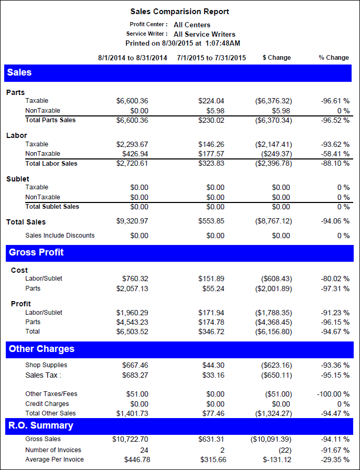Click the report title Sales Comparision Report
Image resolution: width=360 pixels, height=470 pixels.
[179, 12]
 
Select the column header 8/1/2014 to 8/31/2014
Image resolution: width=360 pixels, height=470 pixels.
[133, 58]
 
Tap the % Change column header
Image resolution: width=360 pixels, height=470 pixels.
[334, 58]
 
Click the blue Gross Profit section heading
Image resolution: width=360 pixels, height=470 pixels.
[36, 252]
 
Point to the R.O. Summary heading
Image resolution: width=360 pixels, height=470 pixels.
[40, 425]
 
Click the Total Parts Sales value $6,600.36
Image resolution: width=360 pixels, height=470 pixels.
[132, 120]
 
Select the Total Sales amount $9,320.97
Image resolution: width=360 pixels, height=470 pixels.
[132, 222]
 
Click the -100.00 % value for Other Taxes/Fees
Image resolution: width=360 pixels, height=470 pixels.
[333, 394]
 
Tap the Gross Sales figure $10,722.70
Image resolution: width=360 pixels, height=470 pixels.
[130, 439]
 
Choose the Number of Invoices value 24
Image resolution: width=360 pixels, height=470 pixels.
[144, 450]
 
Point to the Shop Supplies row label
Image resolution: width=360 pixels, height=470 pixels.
[46, 365]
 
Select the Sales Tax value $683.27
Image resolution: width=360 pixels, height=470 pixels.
[135, 375]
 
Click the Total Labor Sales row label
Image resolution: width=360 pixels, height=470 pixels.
[51, 164]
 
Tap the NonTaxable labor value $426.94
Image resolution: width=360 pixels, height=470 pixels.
[135, 154]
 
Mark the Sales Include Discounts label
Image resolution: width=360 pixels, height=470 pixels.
[60, 236]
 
